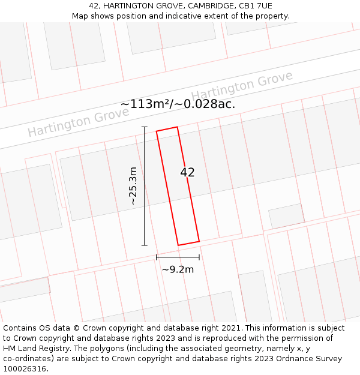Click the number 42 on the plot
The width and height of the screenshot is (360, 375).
pyautogui.click(x=187, y=172)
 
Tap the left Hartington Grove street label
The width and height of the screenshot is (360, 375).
pyautogui.click(x=70, y=122)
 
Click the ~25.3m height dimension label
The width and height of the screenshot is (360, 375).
pyautogui.click(x=133, y=186)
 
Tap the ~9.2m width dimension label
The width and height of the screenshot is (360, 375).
pyautogui.click(x=178, y=269)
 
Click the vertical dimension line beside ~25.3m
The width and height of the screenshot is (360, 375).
pyautogui.click(x=144, y=186)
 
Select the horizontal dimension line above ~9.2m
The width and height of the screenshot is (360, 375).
pyautogui.click(x=178, y=257)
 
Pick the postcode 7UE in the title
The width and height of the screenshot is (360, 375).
pyautogui.click(x=262, y=6)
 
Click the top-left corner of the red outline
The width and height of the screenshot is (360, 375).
pyautogui.click(x=157, y=131)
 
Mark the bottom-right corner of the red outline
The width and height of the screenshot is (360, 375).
pyautogui.click(x=199, y=241)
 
